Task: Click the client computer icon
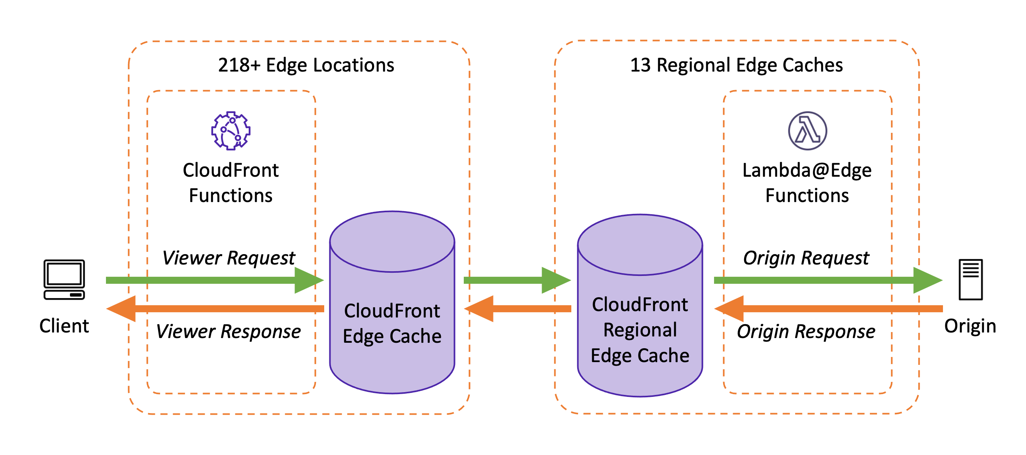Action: [x=64, y=279]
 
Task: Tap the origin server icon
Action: [x=970, y=279]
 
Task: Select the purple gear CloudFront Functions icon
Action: [x=231, y=130]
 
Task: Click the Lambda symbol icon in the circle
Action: [x=807, y=130]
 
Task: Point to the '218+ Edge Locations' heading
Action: [x=306, y=65]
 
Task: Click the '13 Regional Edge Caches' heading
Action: [x=736, y=65]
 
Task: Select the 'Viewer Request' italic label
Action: [x=229, y=258]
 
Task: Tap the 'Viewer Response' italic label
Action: [x=228, y=331]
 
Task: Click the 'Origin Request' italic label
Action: [x=806, y=258]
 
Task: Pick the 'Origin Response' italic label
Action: [x=806, y=331]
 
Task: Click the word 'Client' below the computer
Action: [x=64, y=326]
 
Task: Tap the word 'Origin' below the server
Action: [x=970, y=326]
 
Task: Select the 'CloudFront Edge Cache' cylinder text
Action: [x=392, y=323]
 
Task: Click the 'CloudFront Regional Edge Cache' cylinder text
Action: [x=640, y=330]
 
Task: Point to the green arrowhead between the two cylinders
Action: [x=555, y=280]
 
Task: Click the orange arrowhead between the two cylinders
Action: [x=480, y=308]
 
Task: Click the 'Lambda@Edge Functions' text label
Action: [x=807, y=183]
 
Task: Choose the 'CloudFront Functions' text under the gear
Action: [x=231, y=183]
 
